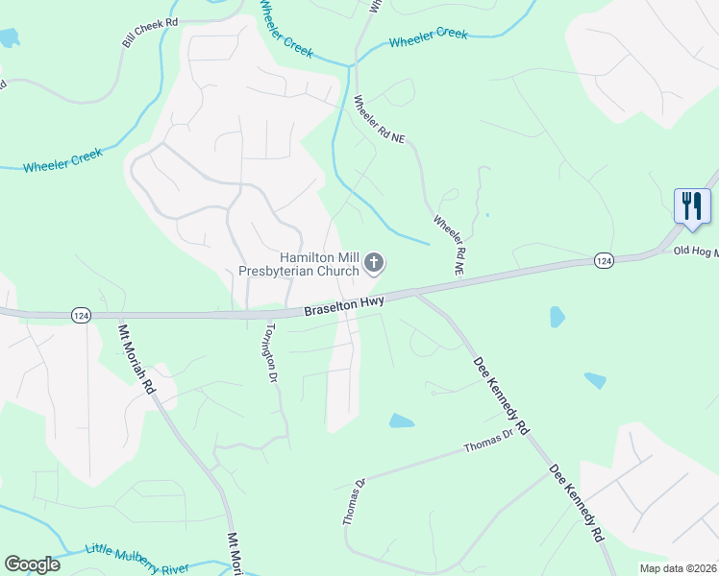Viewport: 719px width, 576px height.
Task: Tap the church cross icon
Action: point(374,263)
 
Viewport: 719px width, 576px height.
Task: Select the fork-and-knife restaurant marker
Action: point(691,206)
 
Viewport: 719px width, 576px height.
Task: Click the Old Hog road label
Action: point(694,252)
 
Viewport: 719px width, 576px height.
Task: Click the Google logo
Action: point(33,564)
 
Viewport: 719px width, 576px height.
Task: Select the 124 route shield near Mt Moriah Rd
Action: point(82,315)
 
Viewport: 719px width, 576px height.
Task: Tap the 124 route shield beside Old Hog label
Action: point(604,260)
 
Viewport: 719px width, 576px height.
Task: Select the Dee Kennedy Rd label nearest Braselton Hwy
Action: point(501,395)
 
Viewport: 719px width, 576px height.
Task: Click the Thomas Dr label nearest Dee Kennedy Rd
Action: point(488,443)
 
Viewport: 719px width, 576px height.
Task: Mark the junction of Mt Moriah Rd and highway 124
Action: point(117,314)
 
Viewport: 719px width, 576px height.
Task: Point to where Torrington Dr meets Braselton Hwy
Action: point(261,313)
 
